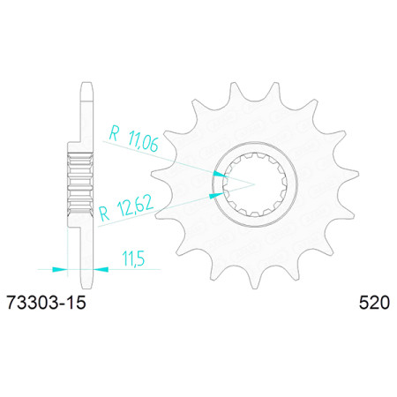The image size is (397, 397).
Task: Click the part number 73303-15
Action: pyautogui.click(x=46, y=303)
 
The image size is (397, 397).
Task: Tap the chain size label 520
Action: pyautogui.click(x=374, y=303)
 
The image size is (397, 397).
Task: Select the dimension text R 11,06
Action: pyautogui.click(x=134, y=138)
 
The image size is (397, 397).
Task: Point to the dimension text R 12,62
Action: pyautogui.click(x=126, y=208)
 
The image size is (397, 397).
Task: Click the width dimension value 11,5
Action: pyautogui.click(x=133, y=258)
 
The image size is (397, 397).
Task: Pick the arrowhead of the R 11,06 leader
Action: pyautogui.click(x=220, y=174)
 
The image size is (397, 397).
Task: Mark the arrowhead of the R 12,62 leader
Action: pyautogui.click(x=216, y=196)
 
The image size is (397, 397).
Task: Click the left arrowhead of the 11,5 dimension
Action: pyautogui.click(x=60, y=269)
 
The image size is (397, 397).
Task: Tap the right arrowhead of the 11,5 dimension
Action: pyautogui.click(x=101, y=269)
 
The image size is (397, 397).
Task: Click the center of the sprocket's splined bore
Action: pyautogui.click(x=255, y=184)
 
